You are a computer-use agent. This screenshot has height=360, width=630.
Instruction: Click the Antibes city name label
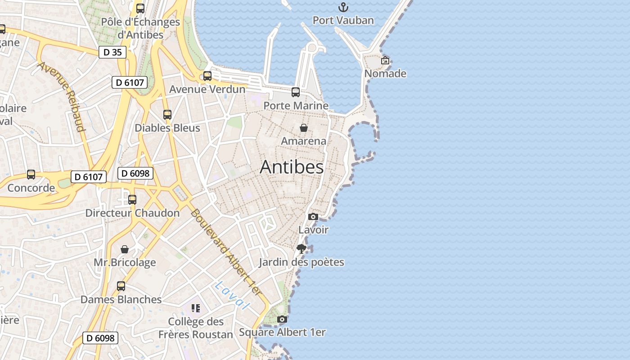pyautogui.click(x=292, y=167)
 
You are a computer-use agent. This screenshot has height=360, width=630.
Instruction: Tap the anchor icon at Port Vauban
pyautogui.click(x=343, y=7)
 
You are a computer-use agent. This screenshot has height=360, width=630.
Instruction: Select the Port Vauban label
pyautogui.click(x=343, y=20)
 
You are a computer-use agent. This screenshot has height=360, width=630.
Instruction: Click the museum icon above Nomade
pyautogui.click(x=385, y=60)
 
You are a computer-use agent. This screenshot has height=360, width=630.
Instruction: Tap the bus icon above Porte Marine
pyautogui.click(x=296, y=92)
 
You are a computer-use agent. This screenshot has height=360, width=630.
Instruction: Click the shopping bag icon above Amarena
pyautogui.click(x=304, y=128)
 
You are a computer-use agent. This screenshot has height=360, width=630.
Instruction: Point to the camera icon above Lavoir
pyautogui.click(x=313, y=217)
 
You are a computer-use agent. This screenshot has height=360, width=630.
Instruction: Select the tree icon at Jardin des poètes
pyautogui.click(x=301, y=249)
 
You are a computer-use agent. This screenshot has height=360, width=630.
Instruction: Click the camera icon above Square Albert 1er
pyautogui.click(x=282, y=319)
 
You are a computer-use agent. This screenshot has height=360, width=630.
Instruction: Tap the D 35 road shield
pyautogui.click(x=112, y=52)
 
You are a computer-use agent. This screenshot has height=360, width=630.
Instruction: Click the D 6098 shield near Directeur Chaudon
pyautogui.click(x=135, y=173)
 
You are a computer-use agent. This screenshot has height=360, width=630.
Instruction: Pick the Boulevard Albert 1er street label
pyautogui.click(x=226, y=252)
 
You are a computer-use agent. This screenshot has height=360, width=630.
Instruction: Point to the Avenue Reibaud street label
pyautogui.click(x=62, y=97)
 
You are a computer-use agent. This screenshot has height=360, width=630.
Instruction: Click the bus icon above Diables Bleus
pyautogui.click(x=167, y=115)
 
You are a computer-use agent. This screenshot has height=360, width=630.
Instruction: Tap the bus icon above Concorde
pyautogui.click(x=31, y=175)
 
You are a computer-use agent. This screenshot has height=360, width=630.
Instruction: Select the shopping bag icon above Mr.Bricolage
pyautogui.click(x=125, y=249)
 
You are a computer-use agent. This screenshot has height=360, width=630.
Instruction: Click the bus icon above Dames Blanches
pyautogui.click(x=121, y=286)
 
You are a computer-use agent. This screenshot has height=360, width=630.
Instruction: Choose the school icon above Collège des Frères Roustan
pyautogui.click(x=196, y=308)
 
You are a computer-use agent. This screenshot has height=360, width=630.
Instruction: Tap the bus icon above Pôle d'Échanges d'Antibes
pyautogui.click(x=140, y=9)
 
